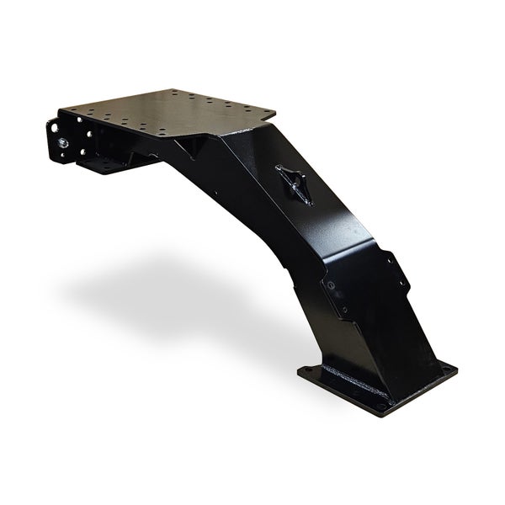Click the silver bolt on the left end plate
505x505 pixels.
64,142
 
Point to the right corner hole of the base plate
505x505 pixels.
444,371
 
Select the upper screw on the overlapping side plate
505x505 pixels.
331,287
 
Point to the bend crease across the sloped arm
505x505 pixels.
337,244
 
